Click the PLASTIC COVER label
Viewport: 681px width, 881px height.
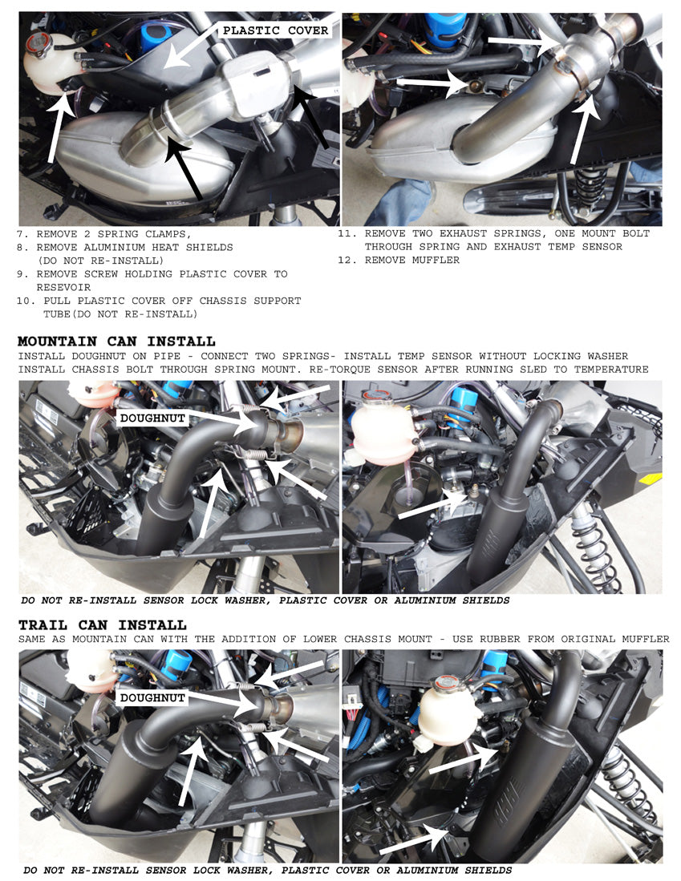[275, 30]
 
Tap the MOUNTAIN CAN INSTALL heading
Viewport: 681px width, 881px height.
[116, 341]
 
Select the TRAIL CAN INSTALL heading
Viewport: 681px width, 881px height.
[102, 624]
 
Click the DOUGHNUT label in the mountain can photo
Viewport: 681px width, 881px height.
[152, 418]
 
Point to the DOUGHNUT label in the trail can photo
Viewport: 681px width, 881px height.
[152, 697]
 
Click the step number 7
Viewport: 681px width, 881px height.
[21, 234]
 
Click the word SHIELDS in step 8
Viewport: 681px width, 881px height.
[208, 248]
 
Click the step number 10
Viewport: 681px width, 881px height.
[24, 301]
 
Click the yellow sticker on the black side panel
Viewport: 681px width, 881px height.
[651, 479]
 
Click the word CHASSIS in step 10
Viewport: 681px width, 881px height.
[214, 301]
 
